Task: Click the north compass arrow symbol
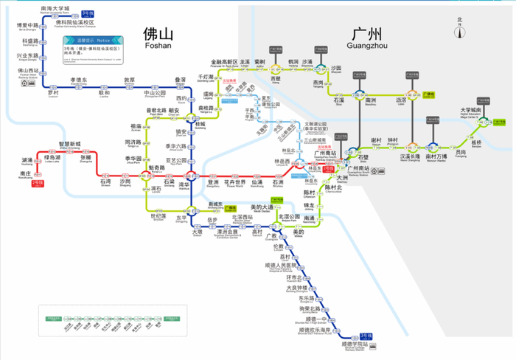(460, 30)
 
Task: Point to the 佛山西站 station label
(29, 72)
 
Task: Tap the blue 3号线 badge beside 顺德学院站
(366, 336)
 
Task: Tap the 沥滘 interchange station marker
(411, 97)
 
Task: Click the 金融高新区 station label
(224, 63)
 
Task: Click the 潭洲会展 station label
(227, 232)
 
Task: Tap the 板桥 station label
(476, 142)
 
